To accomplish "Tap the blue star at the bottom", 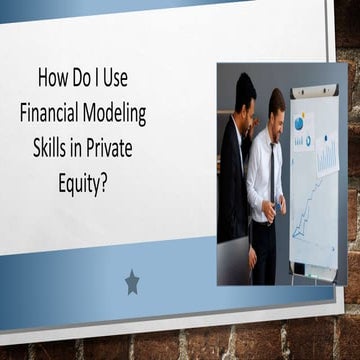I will tap(132, 283).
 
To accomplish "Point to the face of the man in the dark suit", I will tap(246, 98).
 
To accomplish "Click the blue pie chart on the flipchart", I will tap(300, 122).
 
